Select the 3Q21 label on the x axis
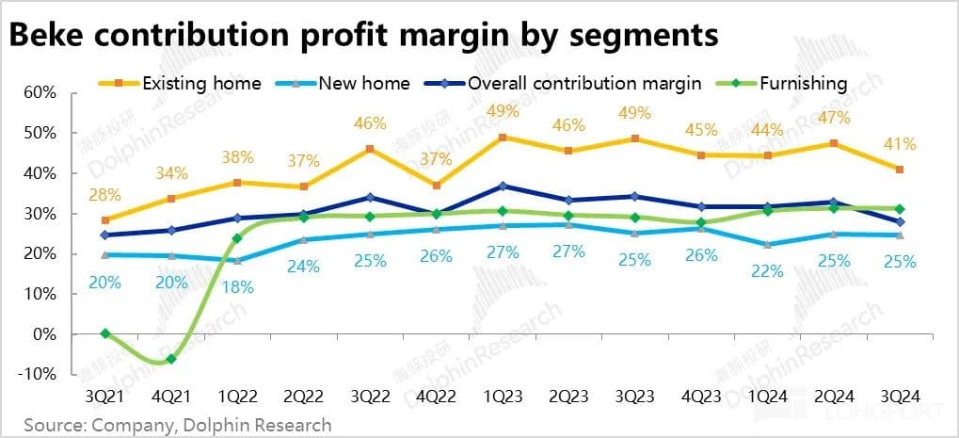coord(104,397)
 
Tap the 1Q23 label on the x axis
coord(503,397)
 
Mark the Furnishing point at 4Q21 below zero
coord(171,360)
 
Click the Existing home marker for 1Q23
coord(503,138)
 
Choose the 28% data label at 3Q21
coord(104,194)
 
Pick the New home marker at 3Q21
coord(104,255)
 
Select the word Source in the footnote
coord(55,425)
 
